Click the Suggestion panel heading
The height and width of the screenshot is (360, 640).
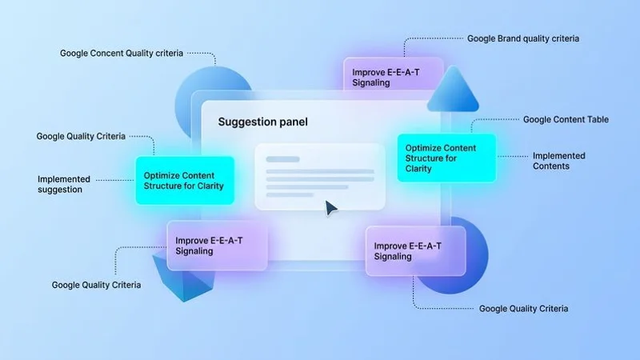[262, 122]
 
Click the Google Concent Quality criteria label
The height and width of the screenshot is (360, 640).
[122, 54]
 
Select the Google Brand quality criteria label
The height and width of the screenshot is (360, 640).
[523, 38]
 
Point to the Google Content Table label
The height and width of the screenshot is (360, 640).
[566, 119]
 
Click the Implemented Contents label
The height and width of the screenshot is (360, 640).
[558, 161]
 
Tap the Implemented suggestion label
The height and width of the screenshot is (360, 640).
[64, 184]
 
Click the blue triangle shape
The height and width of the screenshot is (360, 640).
[453, 90]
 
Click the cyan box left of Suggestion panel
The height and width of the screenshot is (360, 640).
[184, 180]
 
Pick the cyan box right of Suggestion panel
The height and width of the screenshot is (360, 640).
[446, 158]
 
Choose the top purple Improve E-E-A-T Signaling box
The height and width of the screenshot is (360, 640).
[393, 77]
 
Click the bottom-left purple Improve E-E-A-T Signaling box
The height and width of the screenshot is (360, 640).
[216, 245]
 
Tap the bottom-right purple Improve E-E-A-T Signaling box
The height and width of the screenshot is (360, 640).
[414, 251]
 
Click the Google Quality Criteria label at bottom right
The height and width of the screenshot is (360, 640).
[523, 308]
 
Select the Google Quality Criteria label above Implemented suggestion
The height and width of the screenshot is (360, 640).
[80, 136]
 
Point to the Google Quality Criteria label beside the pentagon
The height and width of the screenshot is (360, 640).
[96, 285]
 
